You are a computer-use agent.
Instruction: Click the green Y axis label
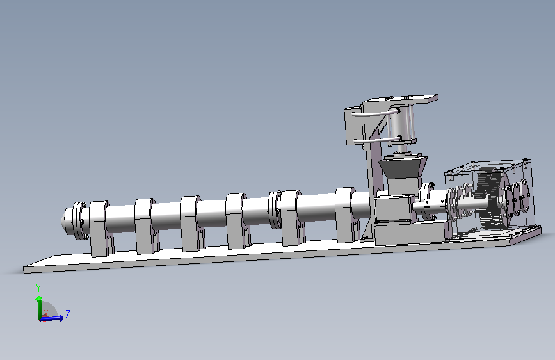pyautogui.click(x=38, y=288)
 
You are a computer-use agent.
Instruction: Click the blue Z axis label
pyautogui.click(x=68, y=314)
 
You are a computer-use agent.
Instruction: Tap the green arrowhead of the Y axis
pyautogui.click(x=39, y=299)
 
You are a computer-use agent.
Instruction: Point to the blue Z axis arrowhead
pyautogui.click(x=61, y=318)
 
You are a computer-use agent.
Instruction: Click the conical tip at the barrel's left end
pyautogui.click(x=64, y=220)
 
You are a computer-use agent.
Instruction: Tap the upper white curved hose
pyautogui.click(x=376, y=113)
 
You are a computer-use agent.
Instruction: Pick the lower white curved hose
pyautogui.click(x=377, y=140)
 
